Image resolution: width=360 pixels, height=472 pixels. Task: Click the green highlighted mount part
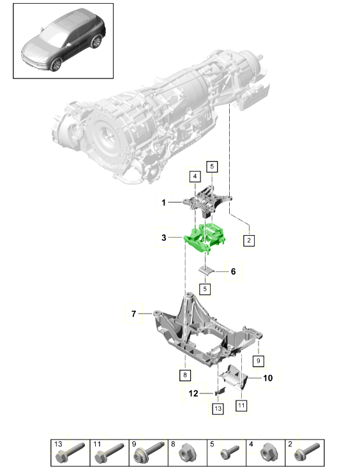pos(204,237)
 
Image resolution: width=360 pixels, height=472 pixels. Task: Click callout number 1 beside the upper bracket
pos(163,202)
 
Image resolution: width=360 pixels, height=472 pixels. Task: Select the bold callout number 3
pos(163,238)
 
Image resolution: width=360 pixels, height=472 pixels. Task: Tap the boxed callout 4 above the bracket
pos(195,177)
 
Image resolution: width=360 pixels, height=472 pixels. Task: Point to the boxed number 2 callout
pos(249,241)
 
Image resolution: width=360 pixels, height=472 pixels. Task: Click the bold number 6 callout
pos(234,271)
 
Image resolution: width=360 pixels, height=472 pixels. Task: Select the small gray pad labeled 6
pos(207,270)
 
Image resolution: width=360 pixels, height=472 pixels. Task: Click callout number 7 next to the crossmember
pos(134,314)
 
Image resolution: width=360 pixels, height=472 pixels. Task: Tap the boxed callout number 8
pos(185,375)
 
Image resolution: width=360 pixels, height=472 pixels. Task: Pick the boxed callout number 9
pos(259,361)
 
